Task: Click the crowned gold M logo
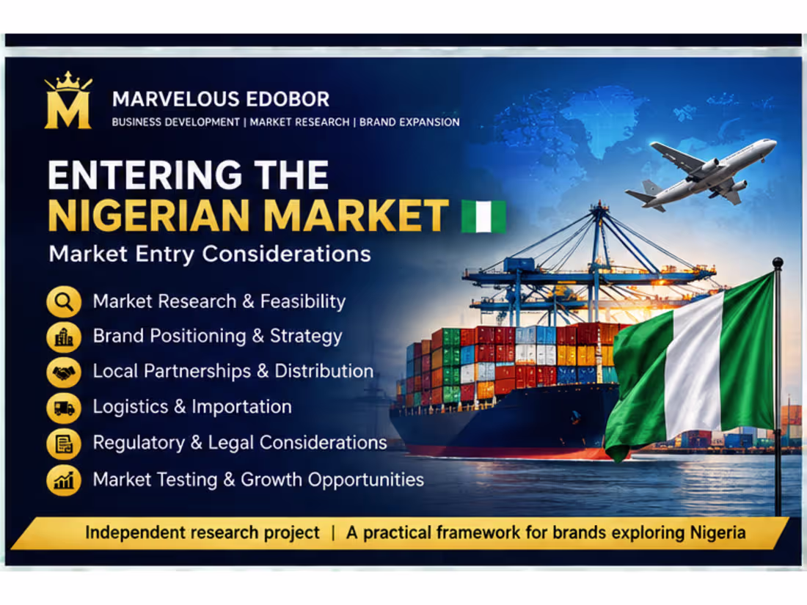(68, 100)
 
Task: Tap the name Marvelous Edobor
(221, 99)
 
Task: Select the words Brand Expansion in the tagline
(409, 122)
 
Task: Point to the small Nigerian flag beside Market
(483, 216)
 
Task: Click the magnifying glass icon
(64, 301)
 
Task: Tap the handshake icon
(64, 372)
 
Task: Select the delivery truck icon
(64, 408)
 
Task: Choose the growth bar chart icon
(64, 480)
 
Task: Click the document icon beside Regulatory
(64, 444)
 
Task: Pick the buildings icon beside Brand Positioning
(64, 337)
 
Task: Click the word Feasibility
(302, 301)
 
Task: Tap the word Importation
(242, 407)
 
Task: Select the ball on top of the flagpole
(778, 263)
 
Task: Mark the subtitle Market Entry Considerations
(210, 254)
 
